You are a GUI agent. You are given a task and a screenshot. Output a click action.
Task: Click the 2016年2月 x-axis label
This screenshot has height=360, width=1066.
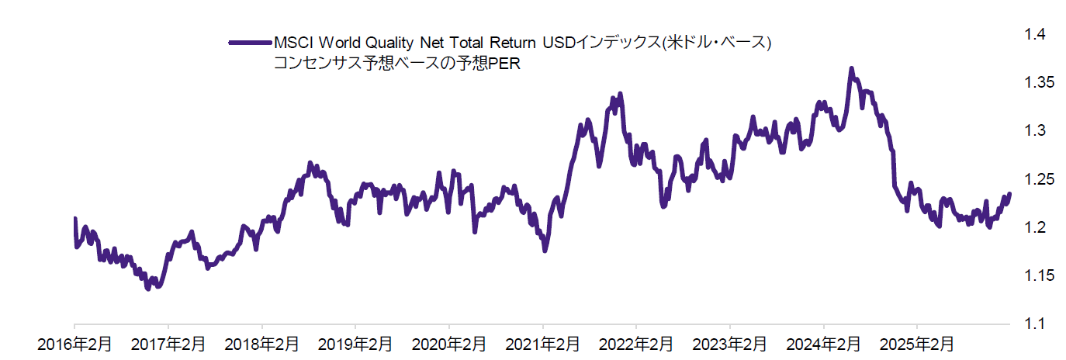(x=74, y=342)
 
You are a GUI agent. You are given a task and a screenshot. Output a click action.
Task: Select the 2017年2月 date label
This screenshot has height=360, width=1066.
(x=168, y=342)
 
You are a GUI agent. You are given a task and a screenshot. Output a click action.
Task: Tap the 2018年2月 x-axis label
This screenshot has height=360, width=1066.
(x=261, y=342)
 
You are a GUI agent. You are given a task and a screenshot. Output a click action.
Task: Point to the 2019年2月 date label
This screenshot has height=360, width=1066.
(x=355, y=342)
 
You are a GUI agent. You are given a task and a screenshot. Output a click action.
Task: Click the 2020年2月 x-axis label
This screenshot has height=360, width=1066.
(x=449, y=342)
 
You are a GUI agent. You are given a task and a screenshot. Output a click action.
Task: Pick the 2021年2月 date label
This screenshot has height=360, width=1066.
(x=543, y=342)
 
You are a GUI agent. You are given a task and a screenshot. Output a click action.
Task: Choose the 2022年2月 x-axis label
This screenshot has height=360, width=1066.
(x=636, y=342)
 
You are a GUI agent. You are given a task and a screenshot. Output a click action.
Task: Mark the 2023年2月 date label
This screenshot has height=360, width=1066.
(x=730, y=342)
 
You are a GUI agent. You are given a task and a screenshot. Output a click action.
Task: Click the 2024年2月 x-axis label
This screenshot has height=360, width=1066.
(x=824, y=342)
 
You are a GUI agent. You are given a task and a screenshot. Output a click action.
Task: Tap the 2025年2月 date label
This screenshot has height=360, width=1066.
(x=917, y=342)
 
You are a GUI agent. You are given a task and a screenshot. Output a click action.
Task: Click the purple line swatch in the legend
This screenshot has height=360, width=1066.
(x=249, y=43)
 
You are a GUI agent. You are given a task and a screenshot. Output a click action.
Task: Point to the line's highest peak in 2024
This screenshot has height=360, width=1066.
(x=851, y=69)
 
